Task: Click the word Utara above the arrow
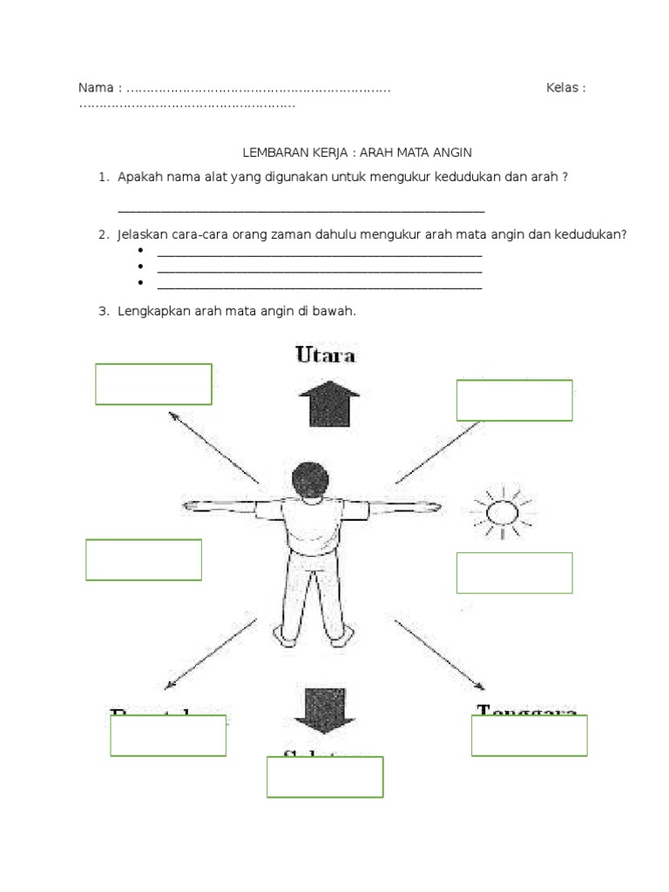(326, 355)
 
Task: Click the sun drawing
(501, 513)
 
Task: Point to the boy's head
(310, 481)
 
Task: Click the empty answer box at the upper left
(153, 384)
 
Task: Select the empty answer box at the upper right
(514, 400)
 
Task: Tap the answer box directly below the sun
(514, 572)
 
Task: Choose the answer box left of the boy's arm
(144, 559)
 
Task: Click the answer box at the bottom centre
(325, 777)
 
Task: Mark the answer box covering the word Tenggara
(529, 735)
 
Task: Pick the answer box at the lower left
(168, 735)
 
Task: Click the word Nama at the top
(95, 88)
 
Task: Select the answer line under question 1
(301, 211)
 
